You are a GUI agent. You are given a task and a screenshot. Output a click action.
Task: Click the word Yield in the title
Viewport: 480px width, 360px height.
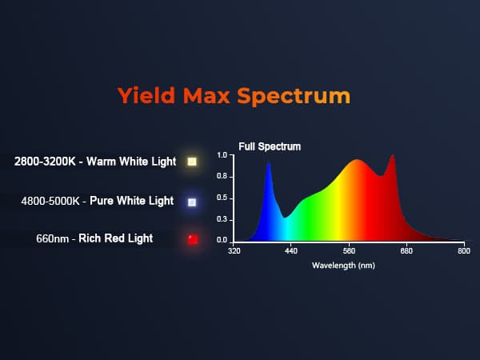pyautogui.click(x=146, y=95)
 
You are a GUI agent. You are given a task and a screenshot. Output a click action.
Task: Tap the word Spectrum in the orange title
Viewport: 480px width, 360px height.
pyautogui.click(x=294, y=97)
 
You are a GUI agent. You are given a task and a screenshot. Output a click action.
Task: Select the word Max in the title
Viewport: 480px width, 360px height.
pyautogui.click(x=206, y=95)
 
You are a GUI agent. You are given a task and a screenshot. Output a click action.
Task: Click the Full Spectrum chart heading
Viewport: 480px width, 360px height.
pyautogui.click(x=270, y=146)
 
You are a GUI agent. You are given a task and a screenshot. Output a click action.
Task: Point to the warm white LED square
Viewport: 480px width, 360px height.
pyautogui.click(x=192, y=162)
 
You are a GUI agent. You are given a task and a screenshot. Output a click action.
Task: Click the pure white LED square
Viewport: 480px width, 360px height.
pyautogui.click(x=192, y=202)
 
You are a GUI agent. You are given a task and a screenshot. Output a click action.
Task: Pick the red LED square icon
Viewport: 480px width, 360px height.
pyautogui.click(x=193, y=239)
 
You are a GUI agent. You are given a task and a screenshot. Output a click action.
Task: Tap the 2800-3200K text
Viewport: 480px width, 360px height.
pyautogui.click(x=45, y=162)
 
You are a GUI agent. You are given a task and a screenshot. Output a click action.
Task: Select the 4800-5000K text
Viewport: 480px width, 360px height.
pyautogui.click(x=50, y=201)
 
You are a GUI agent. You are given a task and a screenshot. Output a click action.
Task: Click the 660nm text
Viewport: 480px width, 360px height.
pyautogui.click(x=52, y=238)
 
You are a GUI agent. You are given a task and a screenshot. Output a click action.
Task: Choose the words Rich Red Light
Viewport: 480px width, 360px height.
pyautogui.click(x=116, y=238)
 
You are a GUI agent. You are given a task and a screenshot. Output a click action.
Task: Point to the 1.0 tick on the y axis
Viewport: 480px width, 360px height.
pyautogui.click(x=222, y=155)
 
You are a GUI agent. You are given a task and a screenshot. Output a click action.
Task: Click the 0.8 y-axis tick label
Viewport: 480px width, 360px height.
pyautogui.click(x=222, y=176)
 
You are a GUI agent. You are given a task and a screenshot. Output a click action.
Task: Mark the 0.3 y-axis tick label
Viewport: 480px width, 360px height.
pyautogui.click(x=222, y=219)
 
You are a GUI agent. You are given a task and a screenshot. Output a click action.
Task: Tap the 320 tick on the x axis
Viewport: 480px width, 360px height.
pyautogui.click(x=234, y=251)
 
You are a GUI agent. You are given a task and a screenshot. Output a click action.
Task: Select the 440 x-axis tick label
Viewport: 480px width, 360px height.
pyautogui.click(x=291, y=251)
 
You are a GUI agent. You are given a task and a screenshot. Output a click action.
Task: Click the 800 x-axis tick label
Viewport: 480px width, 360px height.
pyautogui.click(x=464, y=251)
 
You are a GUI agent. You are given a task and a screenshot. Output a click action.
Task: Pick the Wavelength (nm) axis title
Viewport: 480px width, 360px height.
pyautogui.click(x=343, y=265)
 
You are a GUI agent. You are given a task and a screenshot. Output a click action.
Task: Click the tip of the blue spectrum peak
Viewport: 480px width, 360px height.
pyautogui.click(x=269, y=162)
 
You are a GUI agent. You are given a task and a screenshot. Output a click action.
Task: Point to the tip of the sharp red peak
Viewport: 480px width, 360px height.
pyautogui.click(x=393, y=154)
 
